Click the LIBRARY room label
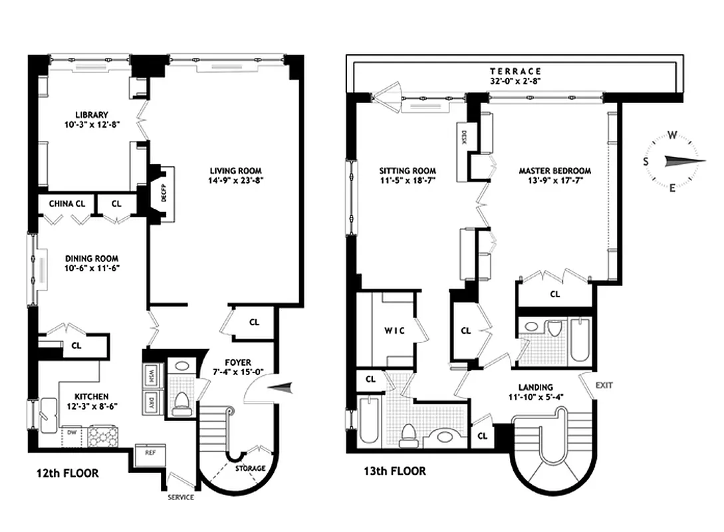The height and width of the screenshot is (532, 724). click(92, 115)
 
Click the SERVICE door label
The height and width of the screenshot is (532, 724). click(180, 497)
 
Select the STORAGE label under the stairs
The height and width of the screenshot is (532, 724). click(251, 469)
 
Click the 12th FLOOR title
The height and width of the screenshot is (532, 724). click(68, 473)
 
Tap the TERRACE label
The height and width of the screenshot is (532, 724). click(515, 71)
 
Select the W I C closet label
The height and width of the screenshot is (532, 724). click(394, 330)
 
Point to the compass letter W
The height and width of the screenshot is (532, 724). click(672, 136)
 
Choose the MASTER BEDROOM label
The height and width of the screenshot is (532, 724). click(554, 171)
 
